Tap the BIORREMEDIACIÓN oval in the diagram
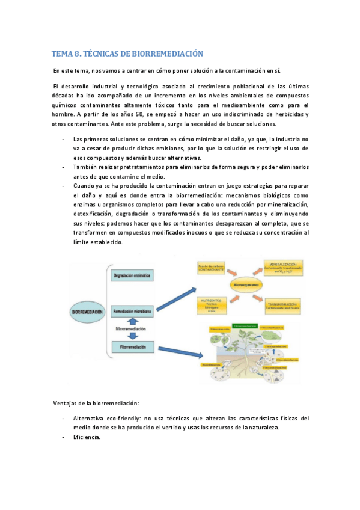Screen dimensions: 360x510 click(88, 312)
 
